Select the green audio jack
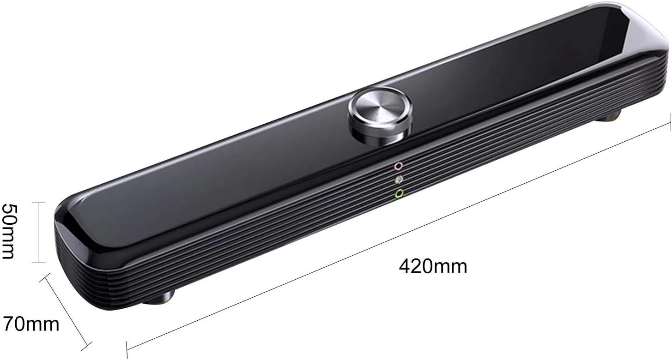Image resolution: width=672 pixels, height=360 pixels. click(x=400, y=193)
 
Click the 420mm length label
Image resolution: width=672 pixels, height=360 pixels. click(x=433, y=266)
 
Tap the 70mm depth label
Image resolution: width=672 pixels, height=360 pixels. click(x=31, y=324)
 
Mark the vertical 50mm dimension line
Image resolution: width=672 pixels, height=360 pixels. click(x=38, y=233)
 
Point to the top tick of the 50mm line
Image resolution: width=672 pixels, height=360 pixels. click(x=38, y=203)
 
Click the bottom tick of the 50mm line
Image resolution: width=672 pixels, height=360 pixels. click(x=38, y=263)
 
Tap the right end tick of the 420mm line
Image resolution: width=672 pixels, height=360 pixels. click(x=670, y=123)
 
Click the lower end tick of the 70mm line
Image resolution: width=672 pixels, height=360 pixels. click(x=88, y=344)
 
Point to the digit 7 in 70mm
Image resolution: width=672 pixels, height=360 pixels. click(x=9, y=324)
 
